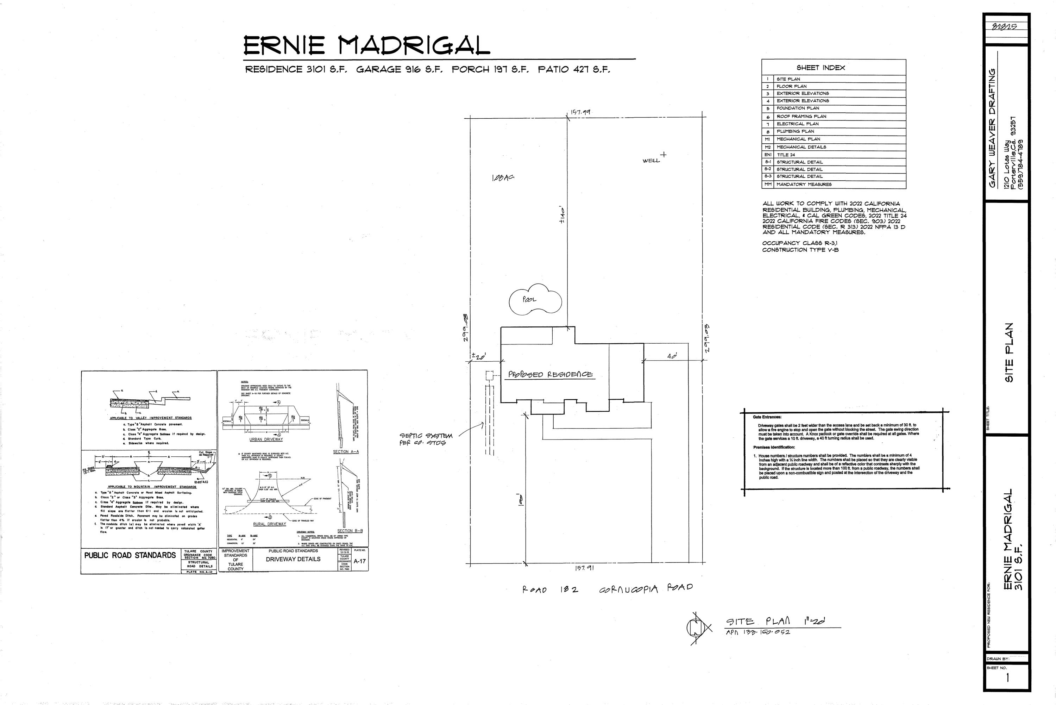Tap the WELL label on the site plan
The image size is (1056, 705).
coord(651,161)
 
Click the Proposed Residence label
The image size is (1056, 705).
coord(550,375)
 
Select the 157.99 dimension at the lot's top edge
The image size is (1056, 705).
coord(580,112)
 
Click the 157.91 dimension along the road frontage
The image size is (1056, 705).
coord(584,568)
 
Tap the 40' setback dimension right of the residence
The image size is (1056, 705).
coord(672,356)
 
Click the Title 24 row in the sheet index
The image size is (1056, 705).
coord(786,155)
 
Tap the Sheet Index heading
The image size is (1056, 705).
coord(821,68)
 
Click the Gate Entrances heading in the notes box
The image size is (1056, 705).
coord(767,417)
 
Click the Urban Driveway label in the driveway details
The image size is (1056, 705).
coord(266,439)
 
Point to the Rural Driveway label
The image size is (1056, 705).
coord(269,524)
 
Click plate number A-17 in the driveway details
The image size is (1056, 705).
coord(359,561)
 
